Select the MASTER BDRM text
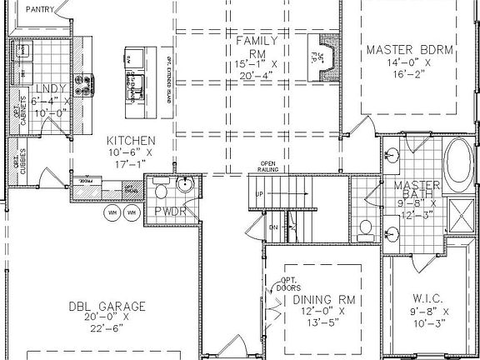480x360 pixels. coord(409,50)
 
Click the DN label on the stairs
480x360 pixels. coord(272,227)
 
